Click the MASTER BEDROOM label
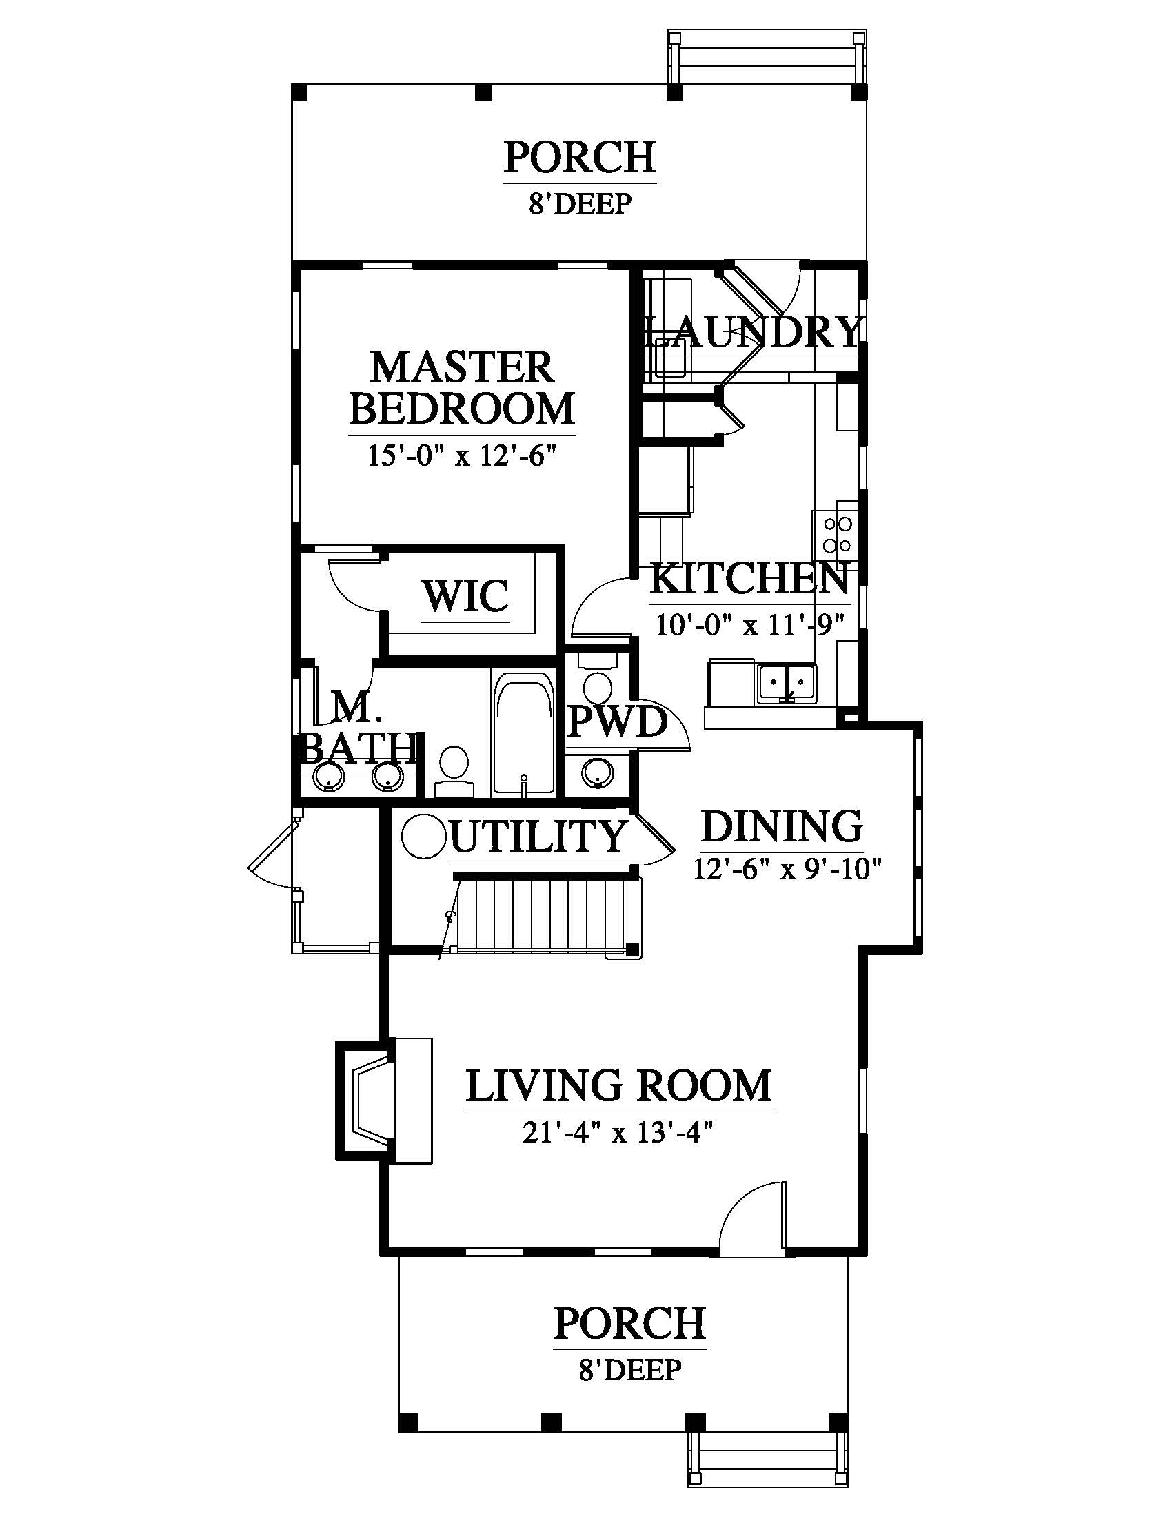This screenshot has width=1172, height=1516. coord(463,387)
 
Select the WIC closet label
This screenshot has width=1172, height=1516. coord(465,595)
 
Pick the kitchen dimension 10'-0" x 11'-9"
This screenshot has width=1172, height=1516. coord(750,624)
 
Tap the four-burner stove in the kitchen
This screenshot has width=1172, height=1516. coord(837,534)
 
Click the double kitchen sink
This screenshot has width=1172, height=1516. coord(787,683)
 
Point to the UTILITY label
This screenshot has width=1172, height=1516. coord(538,836)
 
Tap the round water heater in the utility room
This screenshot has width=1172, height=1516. coord(421,835)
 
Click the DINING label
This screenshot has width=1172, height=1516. coord(782,826)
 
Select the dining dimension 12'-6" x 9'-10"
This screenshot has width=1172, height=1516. coord(787,868)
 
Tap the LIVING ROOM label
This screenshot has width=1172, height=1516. coord(618,1086)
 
